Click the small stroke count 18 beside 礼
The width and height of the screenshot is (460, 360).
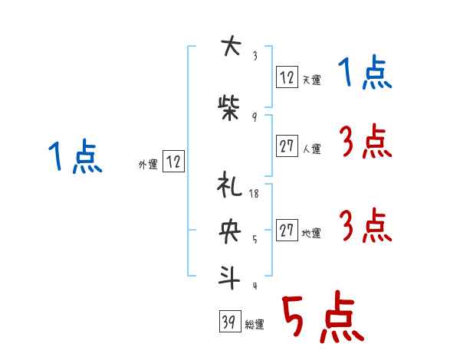255,194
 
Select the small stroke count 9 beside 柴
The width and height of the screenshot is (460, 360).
254,116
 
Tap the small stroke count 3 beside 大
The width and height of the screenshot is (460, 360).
255,55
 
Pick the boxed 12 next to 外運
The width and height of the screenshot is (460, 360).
173,161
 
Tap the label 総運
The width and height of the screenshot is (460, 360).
255,325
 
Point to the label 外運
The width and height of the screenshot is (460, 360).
147,164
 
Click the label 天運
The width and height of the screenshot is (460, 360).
311,80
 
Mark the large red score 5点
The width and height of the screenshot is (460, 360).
321,319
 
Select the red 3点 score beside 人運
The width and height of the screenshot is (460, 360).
365,142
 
